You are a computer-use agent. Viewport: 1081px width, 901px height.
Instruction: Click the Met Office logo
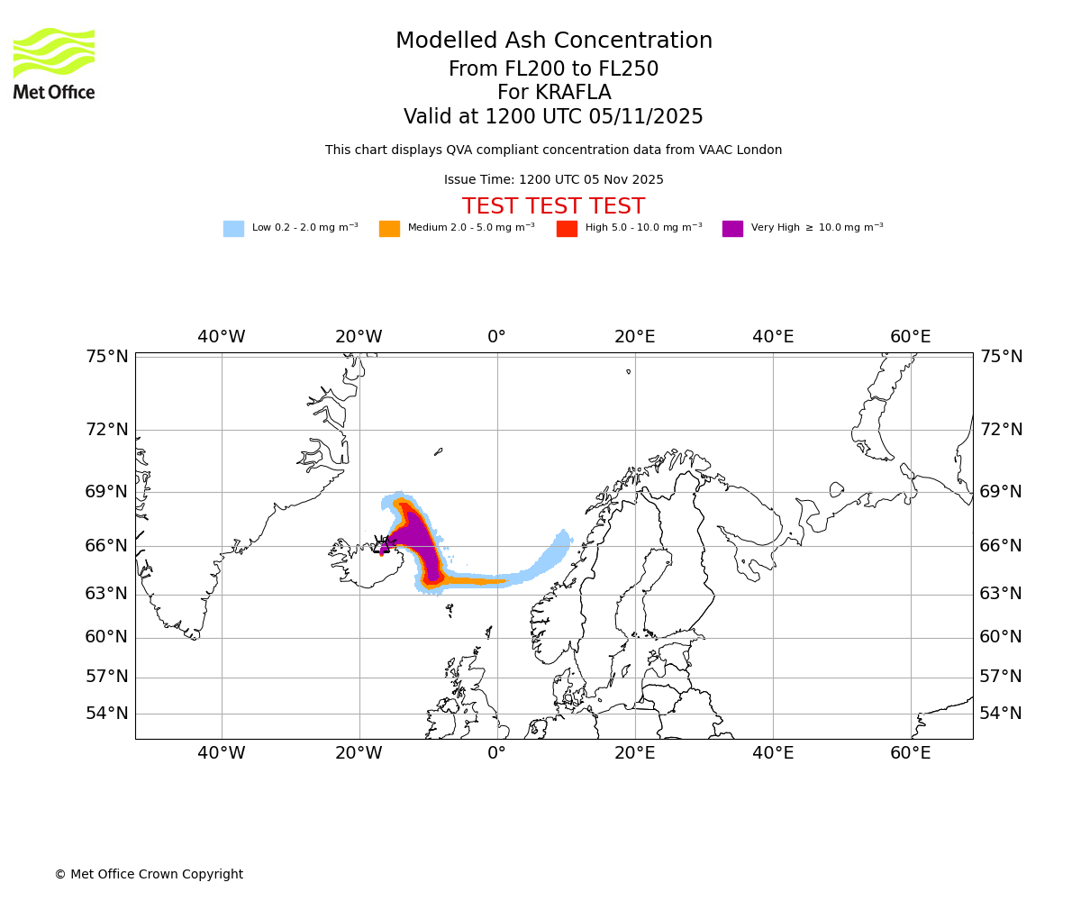(54, 63)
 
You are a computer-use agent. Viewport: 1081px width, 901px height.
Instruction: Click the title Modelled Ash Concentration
(553, 41)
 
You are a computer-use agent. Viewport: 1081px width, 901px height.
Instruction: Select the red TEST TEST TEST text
(553, 206)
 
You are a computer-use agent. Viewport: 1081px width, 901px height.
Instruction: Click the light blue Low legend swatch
(233, 229)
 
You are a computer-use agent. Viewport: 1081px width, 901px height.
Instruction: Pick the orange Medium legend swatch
(389, 229)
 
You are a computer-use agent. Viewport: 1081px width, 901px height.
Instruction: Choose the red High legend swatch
(567, 229)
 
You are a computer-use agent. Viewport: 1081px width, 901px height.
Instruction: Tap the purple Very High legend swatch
(732, 229)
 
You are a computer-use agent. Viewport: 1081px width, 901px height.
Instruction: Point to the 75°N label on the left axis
(107, 357)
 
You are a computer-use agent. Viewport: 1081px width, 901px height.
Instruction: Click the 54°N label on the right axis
(1001, 714)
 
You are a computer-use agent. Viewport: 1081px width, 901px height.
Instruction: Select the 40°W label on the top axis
(222, 337)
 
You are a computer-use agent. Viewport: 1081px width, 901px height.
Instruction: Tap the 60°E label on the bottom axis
(911, 753)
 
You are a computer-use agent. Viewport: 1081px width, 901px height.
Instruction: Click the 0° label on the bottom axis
(496, 753)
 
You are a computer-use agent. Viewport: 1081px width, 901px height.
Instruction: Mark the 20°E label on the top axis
(635, 337)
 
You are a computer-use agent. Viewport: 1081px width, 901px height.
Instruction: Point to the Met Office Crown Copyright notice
(149, 874)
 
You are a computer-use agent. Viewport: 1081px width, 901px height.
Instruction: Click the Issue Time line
(553, 180)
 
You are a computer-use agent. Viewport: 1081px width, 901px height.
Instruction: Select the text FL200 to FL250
(553, 69)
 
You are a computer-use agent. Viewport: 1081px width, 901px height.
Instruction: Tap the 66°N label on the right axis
(1001, 546)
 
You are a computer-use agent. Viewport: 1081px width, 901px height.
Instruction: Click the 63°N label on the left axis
(107, 594)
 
